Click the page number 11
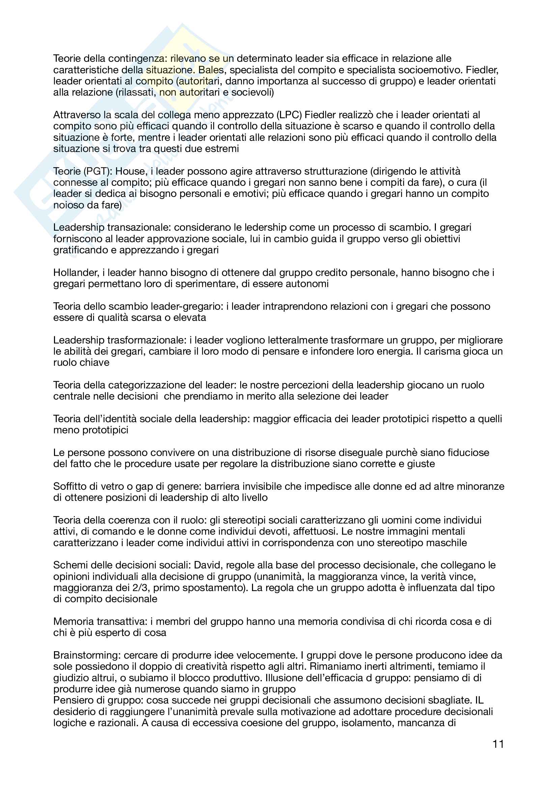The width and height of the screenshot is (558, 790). coord(498,744)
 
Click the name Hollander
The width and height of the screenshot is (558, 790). coord(76,273)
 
